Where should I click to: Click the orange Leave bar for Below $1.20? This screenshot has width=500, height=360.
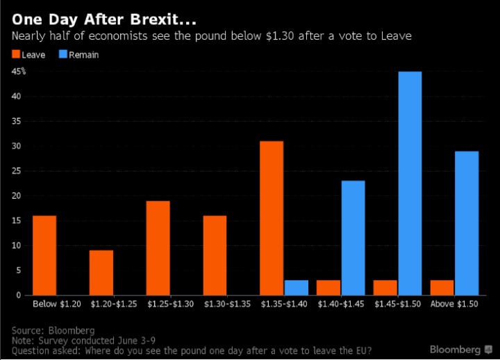pyautogui.click(x=44, y=255)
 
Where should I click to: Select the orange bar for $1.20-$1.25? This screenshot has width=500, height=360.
pyautogui.click(x=101, y=272)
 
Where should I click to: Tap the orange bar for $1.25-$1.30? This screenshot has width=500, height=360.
pyautogui.click(x=158, y=247)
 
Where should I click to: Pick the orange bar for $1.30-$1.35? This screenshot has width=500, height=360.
pyautogui.click(x=215, y=255)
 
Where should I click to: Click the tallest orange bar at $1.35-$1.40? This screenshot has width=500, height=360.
pyautogui.click(x=272, y=218)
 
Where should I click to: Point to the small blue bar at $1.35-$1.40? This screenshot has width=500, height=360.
pyautogui.click(x=297, y=288)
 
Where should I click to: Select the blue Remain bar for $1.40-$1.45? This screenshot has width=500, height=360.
pyautogui.click(x=353, y=238)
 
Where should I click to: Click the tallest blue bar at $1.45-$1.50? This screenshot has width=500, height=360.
pyautogui.click(x=410, y=183)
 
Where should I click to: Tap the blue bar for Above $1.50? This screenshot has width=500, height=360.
pyautogui.click(x=466, y=223)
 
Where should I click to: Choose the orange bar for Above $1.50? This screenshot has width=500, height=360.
pyautogui.click(x=442, y=288)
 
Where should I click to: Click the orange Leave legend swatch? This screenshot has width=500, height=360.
pyautogui.click(x=15, y=55)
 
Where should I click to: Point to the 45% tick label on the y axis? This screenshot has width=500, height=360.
pyautogui.click(x=18, y=71)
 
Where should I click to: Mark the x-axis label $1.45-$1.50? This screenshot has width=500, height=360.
pyautogui.click(x=397, y=304)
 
